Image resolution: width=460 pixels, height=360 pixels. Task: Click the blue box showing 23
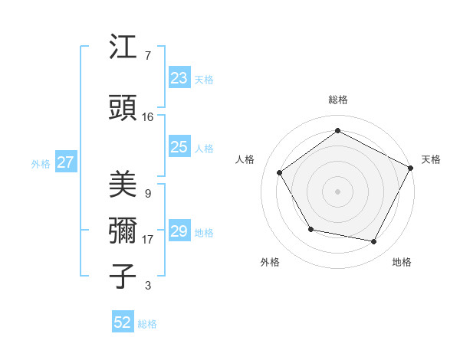coord(179,78)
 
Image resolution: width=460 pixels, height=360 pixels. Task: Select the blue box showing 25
coord(179,148)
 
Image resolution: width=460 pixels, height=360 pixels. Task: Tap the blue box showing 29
coord(179,232)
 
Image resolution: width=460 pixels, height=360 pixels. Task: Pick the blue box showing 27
coord(65,162)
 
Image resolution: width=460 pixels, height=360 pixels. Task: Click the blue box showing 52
coord(123,322)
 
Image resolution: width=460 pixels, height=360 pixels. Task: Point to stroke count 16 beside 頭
coord(148,117)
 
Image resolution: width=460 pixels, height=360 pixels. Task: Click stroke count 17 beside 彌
coord(148,240)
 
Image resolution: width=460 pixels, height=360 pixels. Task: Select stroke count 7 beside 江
coord(147,56)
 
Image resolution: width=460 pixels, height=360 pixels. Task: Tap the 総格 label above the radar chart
coord(338,100)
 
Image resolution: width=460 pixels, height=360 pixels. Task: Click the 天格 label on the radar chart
coord(431,159)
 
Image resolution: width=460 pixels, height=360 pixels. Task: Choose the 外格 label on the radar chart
coord(270,262)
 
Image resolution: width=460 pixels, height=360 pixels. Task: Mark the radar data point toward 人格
coord(280,172)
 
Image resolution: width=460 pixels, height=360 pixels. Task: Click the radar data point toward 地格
coord(374,242)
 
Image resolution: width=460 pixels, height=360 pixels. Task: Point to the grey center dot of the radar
coord(337,191)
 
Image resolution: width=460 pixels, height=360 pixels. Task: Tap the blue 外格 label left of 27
coord(41,163)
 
